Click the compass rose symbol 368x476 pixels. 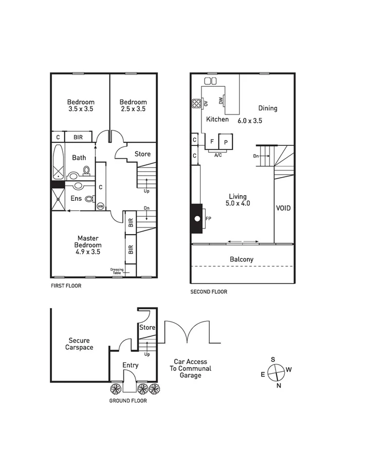coord(277,372)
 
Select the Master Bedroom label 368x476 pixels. coord(88,245)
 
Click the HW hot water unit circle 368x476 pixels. coord(100,206)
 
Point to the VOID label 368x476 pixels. coord(283,208)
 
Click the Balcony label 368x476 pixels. coord(241,259)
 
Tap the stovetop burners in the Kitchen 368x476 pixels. coord(196,104)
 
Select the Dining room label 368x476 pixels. coord(267,108)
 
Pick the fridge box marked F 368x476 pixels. coord(212,141)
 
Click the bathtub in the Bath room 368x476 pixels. coord(57,162)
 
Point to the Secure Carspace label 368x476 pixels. coord(79,344)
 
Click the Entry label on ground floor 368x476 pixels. coord(130,365)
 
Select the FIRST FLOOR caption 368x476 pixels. coord(65,286)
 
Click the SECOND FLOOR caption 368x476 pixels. coord(208,292)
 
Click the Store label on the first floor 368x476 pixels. coord(142,154)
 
